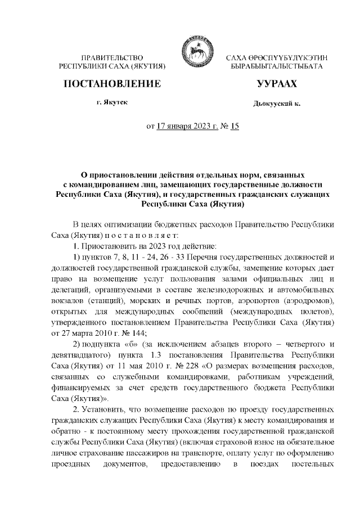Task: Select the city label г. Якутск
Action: (x=111, y=104)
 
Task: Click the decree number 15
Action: (x=234, y=125)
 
